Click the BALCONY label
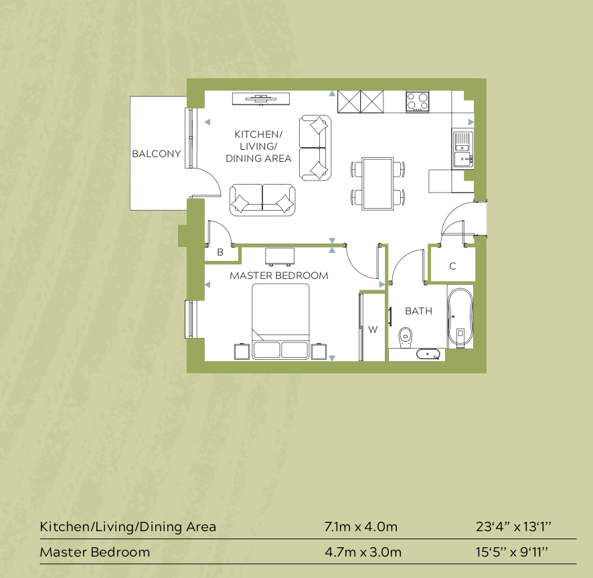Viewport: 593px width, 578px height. pos(156,154)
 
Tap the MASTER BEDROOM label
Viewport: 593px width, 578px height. pos(279,276)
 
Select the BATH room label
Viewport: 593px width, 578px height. pos(418,311)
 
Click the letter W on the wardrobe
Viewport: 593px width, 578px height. pos(373,329)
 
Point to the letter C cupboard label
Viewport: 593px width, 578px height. pos(452,266)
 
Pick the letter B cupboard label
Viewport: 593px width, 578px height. pos(220,253)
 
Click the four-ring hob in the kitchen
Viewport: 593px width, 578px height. pos(417,102)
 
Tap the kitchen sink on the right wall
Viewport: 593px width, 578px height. pos(462,149)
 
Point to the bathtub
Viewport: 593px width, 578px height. pos(460,318)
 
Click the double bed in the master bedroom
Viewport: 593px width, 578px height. pos(280,321)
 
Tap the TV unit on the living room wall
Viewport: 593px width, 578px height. pos(261,98)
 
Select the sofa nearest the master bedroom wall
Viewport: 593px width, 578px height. pos(262,200)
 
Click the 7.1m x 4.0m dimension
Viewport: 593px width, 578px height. pos(361,526)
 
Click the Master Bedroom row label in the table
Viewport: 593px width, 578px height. pos(95,553)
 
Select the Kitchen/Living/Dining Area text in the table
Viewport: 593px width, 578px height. pos(128,526)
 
